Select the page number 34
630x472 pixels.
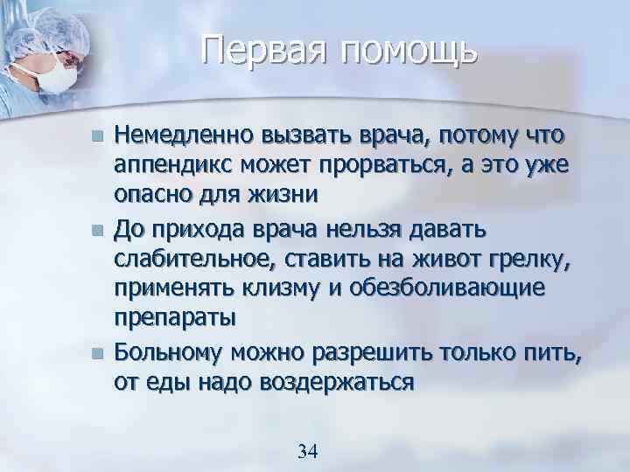[307, 451]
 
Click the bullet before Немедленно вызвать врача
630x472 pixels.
[97, 137]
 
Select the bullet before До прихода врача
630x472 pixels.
[97, 231]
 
